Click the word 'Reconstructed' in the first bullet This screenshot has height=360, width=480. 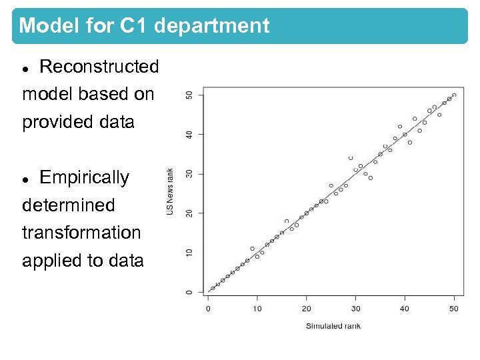click(x=99, y=67)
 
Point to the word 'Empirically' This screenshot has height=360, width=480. click(x=84, y=177)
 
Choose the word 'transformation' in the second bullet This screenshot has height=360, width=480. click(x=81, y=233)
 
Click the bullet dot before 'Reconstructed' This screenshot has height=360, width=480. click(x=26, y=68)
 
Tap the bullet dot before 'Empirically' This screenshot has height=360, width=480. click(x=26, y=179)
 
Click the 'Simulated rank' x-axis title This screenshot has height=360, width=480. click(x=333, y=326)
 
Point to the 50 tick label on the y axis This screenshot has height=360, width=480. click(x=189, y=95)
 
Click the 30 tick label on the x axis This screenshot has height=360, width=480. click(x=355, y=309)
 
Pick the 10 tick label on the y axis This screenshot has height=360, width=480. click(x=189, y=253)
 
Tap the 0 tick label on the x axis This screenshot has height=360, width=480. click(x=208, y=309)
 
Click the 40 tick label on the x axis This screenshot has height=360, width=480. click(x=405, y=309)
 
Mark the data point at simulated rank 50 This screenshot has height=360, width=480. click(x=454, y=95)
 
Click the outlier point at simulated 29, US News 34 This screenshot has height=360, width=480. click(x=351, y=158)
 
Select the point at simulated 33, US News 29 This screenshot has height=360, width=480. click(x=371, y=178)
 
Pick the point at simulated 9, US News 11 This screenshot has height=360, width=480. click(x=252, y=249)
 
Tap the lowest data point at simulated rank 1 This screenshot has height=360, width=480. click(x=213, y=288)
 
